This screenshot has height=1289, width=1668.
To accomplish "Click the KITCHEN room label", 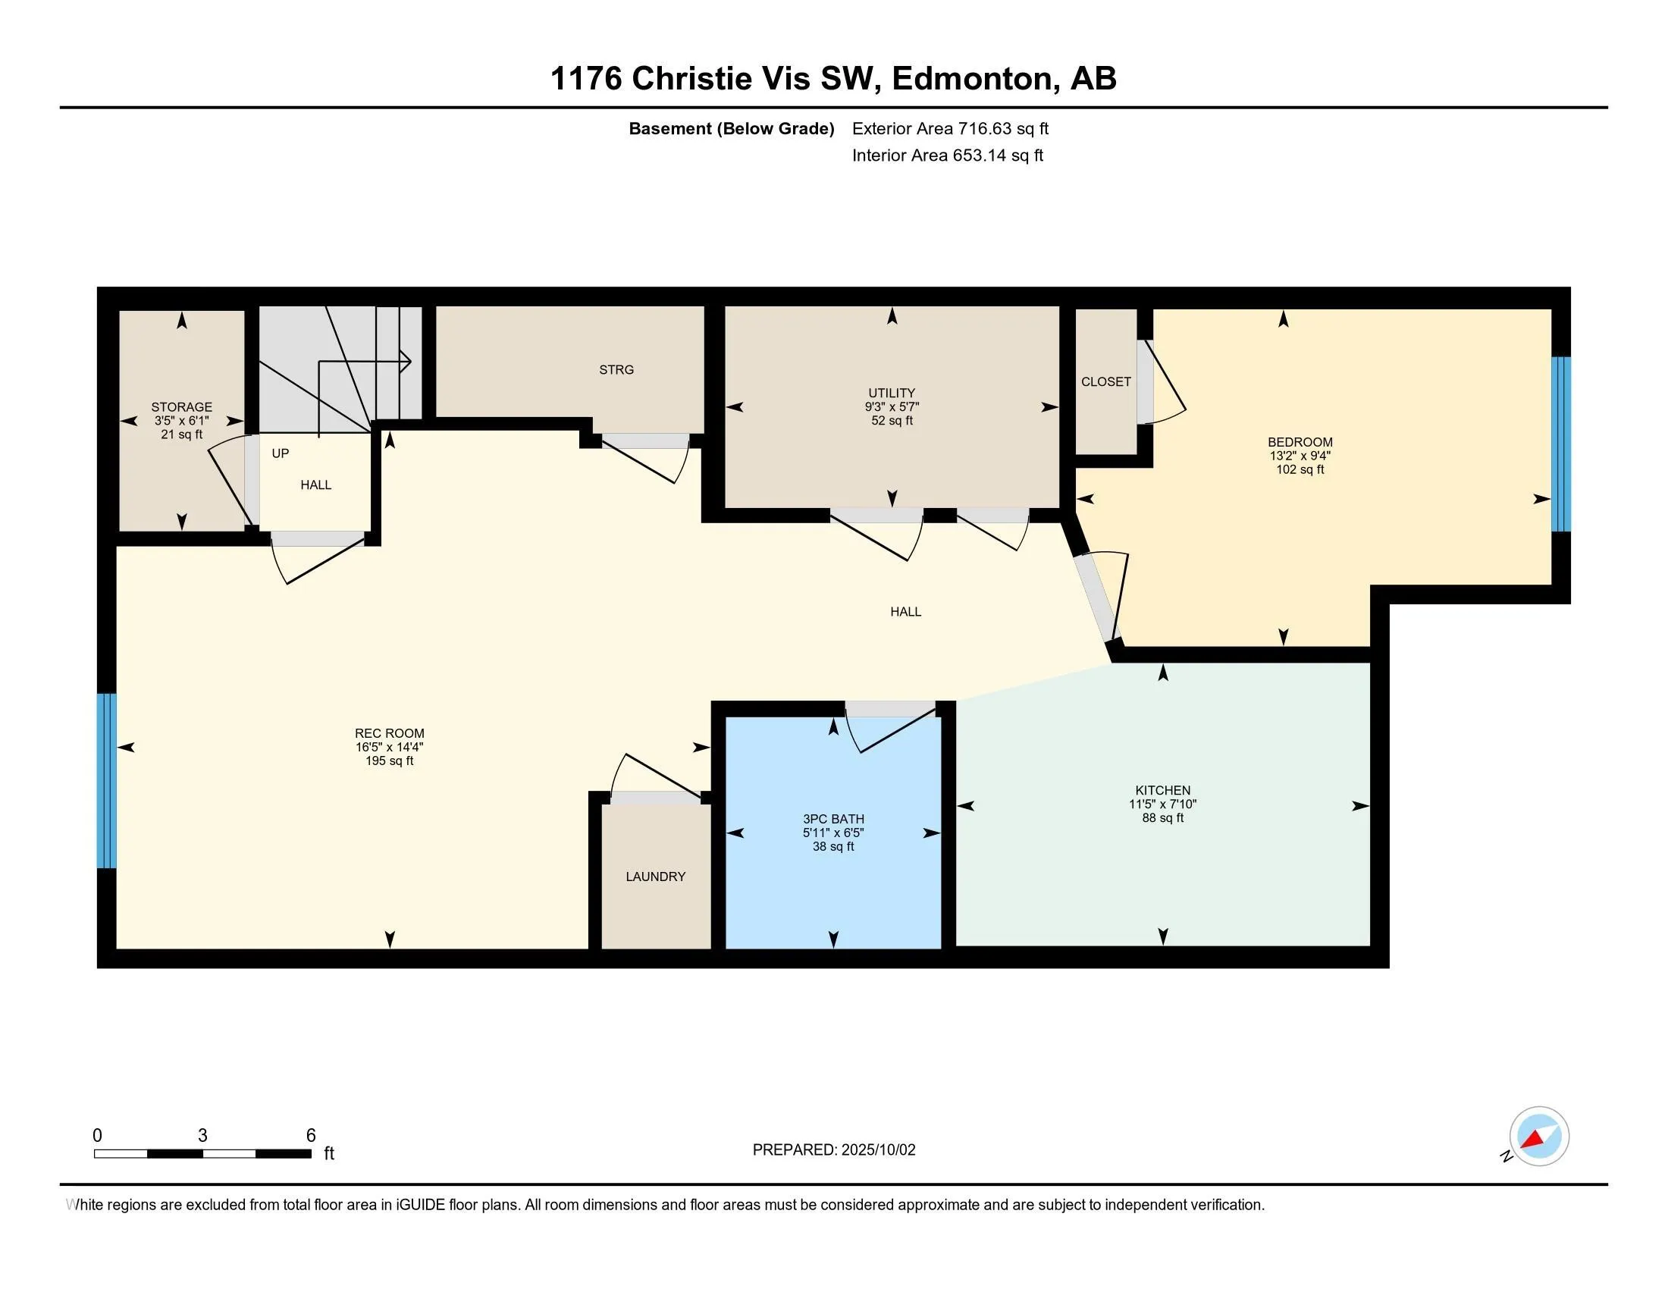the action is click(x=1162, y=790).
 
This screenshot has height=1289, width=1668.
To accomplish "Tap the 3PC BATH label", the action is click(x=833, y=819).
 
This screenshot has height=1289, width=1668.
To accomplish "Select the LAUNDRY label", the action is click(x=655, y=877).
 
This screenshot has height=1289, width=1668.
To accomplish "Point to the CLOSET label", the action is click(x=1106, y=382).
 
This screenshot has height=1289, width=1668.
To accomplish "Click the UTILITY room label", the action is click(x=892, y=394).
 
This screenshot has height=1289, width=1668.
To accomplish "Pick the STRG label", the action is click(x=616, y=369).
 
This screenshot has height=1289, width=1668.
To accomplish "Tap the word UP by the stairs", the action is click(x=281, y=453).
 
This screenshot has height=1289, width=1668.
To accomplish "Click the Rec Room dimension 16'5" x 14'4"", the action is click(x=390, y=748).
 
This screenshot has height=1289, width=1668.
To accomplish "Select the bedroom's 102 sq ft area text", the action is click(x=1300, y=469).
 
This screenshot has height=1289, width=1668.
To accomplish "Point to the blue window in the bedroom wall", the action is click(x=1560, y=444).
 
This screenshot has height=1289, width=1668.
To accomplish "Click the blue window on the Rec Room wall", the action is click(x=107, y=780).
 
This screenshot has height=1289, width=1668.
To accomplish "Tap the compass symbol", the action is click(x=1538, y=1137).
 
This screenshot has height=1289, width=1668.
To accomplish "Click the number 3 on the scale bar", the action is click(x=202, y=1136).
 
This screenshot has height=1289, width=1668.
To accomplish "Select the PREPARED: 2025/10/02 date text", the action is click(x=834, y=1150).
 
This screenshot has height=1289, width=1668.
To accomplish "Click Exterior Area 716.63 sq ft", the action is click(x=950, y=129).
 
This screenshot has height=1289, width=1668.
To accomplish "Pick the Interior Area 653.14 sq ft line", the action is click(x=947, y=155).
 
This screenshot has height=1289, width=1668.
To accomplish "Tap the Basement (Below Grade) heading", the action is click(x=731, y=129).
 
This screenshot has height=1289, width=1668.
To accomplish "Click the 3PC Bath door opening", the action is click(x=890, y=709).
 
